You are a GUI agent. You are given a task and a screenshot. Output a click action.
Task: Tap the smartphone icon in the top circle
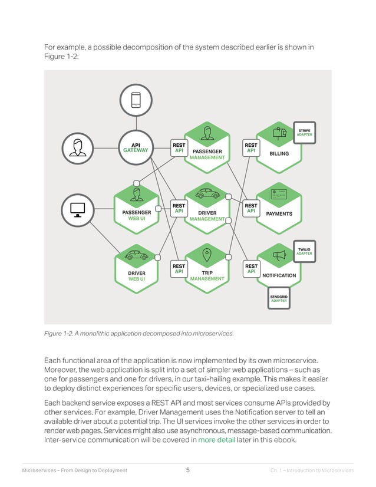tap(136, 101)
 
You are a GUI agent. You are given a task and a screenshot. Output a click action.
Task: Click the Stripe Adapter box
tap(305, 132)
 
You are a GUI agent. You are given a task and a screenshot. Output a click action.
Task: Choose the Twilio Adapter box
tap(305, 251)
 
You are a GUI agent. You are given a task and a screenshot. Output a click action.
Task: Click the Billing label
tap(279, 154)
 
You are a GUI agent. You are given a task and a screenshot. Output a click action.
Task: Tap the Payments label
tap(279, 213)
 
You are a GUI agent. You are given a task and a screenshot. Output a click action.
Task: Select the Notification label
tap(279, 275)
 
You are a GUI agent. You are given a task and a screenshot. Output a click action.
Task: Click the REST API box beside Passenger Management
tap(179, 147)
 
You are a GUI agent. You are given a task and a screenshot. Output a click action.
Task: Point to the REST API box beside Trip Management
tap(179, 269)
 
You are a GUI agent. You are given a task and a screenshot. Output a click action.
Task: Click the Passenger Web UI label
tap(137, 215)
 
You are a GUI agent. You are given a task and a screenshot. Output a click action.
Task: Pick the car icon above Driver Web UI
tap(137, 255)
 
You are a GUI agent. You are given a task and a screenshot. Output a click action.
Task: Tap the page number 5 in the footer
tap(187, 470)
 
